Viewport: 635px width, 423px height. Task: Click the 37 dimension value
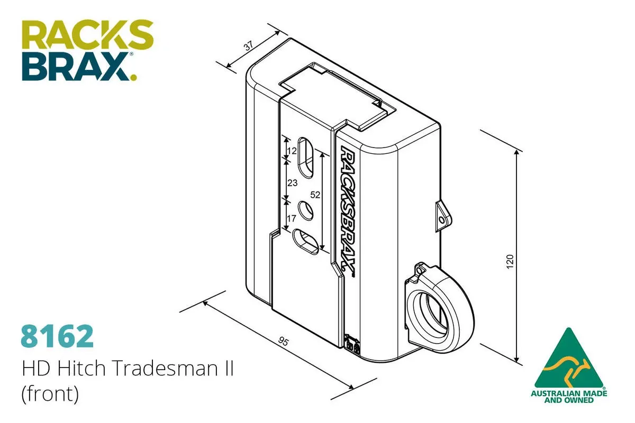pos(248,46)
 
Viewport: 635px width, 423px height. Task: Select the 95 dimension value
pos(283,342)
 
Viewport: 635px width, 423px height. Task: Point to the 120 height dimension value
pos(510,262)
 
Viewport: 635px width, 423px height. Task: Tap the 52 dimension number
pos(315,195)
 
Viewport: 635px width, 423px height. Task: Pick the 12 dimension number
pos(292,151)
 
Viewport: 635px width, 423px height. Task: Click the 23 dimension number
pos(292,183)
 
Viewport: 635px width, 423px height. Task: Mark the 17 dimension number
pos(292,218)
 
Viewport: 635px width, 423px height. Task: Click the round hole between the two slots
pos(306,210)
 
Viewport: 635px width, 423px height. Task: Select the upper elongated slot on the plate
pos(306,158)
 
